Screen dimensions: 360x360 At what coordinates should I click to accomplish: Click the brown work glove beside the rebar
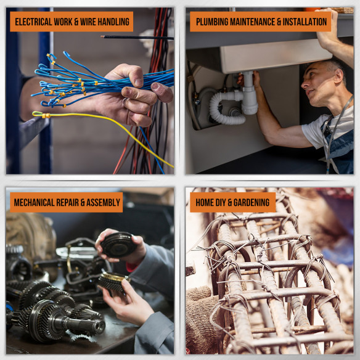point(202,321)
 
